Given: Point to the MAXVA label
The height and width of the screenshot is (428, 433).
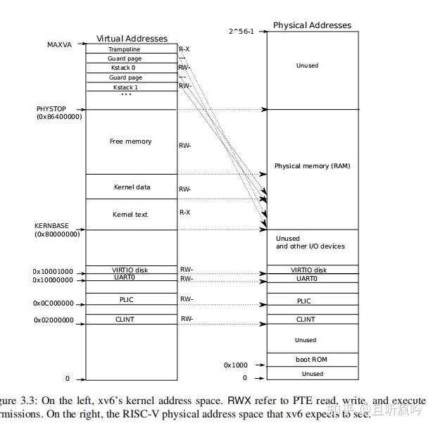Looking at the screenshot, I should pos(60,45).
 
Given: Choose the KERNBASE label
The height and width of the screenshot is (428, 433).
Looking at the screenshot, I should pos(52,226).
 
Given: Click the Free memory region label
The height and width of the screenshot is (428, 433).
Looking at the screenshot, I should pos(130,141).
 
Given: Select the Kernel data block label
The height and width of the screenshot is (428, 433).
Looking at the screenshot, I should pos(132,187).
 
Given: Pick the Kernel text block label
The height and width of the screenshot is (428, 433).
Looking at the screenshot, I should pos(130,214).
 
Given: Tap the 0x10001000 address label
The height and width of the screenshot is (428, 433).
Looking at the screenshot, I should pos(53,271).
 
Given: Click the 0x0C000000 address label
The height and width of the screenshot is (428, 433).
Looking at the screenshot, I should pos(53,303).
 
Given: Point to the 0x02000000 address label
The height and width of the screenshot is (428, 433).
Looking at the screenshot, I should pos(53,320).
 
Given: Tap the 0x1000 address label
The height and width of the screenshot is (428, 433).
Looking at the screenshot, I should pos(235,365).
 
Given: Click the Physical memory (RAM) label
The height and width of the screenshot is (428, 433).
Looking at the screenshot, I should pos(312,166).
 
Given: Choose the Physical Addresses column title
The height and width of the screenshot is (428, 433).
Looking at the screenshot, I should pos(312,25).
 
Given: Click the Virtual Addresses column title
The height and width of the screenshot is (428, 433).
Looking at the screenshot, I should pos(132,38).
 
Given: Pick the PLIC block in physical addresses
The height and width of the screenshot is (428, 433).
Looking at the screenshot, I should pos(304,301).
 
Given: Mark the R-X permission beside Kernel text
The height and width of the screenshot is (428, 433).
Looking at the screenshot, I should pos(185,212).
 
